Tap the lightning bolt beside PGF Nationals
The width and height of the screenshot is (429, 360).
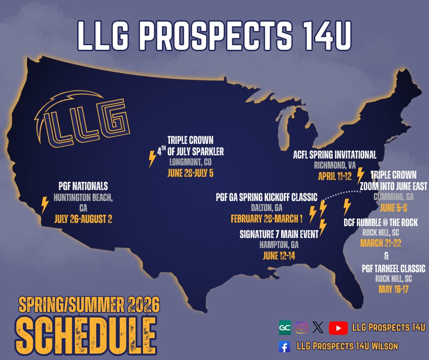click(45, 205)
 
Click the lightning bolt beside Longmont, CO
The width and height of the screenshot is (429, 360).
click(152, 159)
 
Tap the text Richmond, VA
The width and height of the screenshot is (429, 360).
click(335, 165)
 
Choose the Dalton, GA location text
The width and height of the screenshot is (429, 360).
click(267, 208)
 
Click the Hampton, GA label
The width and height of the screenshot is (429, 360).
click(278, 245)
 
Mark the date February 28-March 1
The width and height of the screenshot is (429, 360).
click(267, 218)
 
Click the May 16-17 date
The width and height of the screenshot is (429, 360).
click(394, 289)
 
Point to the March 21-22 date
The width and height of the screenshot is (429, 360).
click(380, 243)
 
